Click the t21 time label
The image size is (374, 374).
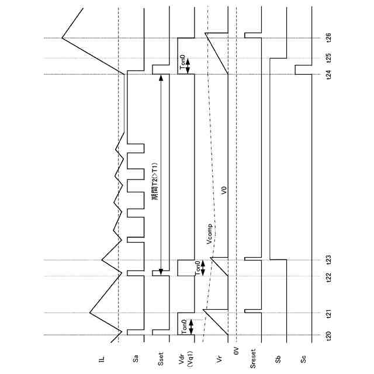pos(329,314)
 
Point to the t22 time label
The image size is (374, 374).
pos(329,276)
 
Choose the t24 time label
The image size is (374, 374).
pos(329,74)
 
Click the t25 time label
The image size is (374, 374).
pos(329,58)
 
